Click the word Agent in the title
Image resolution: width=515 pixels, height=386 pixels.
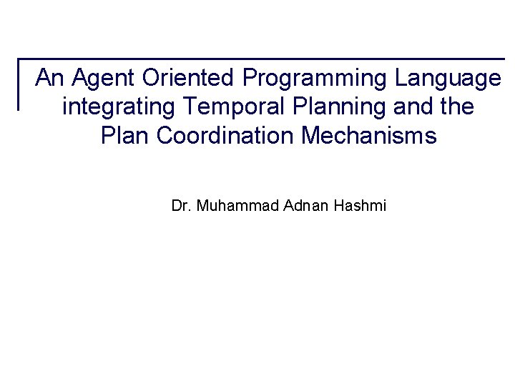[95, 77]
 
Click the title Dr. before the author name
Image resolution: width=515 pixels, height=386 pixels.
[181, 207]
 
